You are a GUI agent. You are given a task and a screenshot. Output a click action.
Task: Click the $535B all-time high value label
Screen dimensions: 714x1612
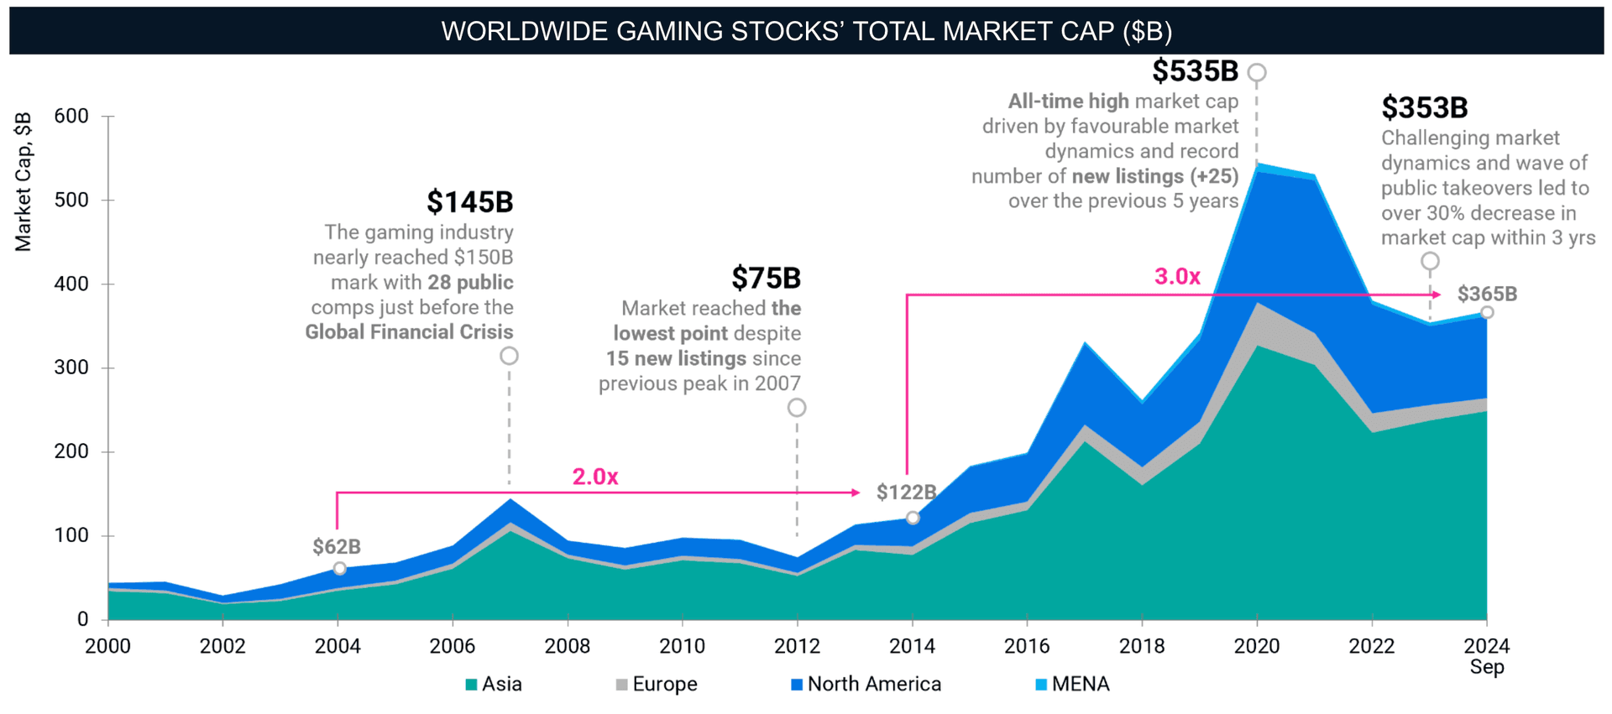[x=1194, y=71]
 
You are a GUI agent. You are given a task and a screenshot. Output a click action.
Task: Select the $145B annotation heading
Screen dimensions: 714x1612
[x=469, y=202]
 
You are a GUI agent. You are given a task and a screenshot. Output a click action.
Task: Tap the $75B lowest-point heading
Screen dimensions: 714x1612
[x=765, y=278]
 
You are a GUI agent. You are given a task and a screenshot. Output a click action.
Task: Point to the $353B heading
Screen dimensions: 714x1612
[x=1424, y=108]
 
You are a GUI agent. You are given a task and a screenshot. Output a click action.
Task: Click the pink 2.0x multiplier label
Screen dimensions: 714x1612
[x=594, y=477]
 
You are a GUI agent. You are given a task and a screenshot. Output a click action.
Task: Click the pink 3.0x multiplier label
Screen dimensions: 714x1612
[x=1176, y=277]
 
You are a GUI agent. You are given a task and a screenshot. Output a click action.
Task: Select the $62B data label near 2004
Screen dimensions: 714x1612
[x=336, y=547]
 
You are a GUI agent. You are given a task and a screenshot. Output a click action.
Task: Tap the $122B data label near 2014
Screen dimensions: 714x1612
[x=905, y=493]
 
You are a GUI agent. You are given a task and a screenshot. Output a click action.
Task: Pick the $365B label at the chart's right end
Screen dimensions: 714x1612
[x=1486, y=294]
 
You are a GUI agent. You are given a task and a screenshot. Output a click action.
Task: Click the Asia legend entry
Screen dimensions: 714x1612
[x=494, y=685]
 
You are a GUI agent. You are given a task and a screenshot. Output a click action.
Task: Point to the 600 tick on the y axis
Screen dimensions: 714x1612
[x=71, y=117]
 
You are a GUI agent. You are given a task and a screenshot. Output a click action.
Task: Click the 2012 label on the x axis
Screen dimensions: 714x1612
[x=796, y=646]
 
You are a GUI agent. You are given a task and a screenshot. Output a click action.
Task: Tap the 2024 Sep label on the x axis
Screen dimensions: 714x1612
[x=1486, y=656]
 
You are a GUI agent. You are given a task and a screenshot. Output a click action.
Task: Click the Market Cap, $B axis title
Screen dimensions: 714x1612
[x=24, y=181]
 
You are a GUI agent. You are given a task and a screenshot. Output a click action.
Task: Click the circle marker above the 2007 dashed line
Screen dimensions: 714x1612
[x=509, y=356]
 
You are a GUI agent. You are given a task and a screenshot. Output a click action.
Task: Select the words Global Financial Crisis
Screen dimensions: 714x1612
[x=409, y=332]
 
